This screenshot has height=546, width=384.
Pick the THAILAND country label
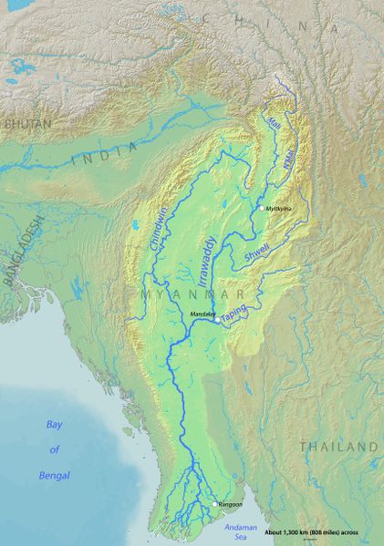338,447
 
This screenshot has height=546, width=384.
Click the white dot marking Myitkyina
261,209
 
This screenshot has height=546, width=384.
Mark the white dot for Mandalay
216,320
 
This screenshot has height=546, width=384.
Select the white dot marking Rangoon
215,504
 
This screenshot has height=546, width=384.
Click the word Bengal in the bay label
53,475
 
